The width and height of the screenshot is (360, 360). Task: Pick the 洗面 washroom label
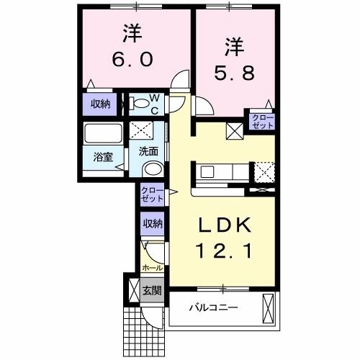pyautogui.click(x=150, y=151)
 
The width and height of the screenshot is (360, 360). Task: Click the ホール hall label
pyautogui.click(x=152, y=267)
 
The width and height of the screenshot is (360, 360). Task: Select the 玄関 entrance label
pyautogui.click(x=152, y=291)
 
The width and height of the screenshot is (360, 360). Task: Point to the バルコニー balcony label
pyautogui.click(x=214, y=308)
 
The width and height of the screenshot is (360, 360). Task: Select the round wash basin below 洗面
pyautogui.click(x=152, y=170)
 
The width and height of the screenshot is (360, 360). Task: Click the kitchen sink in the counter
pyautogui.click(x=207, y=172)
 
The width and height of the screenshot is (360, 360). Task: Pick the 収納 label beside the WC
pyautogui.click(x=101, y=104)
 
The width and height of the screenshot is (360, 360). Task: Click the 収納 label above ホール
pyautogui.click(x=151, y=223)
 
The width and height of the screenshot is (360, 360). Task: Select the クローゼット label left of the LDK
pyautogui.click(x=152, y=194)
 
